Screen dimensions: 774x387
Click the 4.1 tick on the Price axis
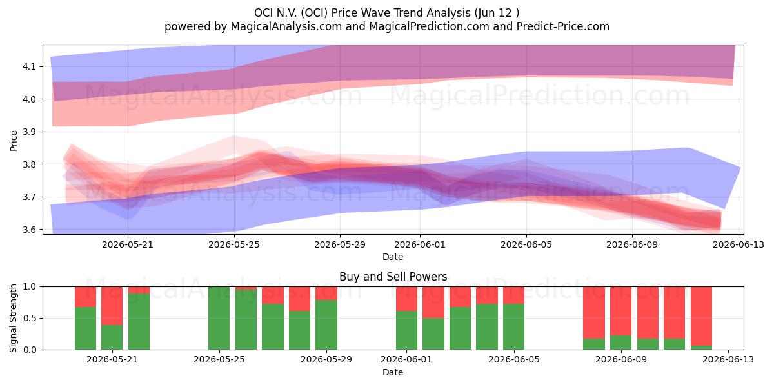pyautogui.click(x=29, y=66)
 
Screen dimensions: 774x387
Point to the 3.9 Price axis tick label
pyautogui.click(x=29, y=132)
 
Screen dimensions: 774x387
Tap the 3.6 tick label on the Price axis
pyautogui.click(x=29, y=230)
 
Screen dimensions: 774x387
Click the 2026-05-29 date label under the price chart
pyautogui.click(x=340, y=244)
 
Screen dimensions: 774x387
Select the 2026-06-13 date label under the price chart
pyautogui.click(x=739, y=244)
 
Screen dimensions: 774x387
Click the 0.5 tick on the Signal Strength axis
pyautogui.click(x=29, y=318)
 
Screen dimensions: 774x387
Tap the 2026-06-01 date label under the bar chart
pyautogui.click(x=406, y=360)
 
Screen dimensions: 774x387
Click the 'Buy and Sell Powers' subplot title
pyautogui.click(x=393, y=277)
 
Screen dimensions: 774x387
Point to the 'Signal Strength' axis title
pyautogui.click(x=13, y=318)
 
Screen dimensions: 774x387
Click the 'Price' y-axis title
pyautogui.click(x=14, y=141)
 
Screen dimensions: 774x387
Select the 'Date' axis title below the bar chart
pyautogui.click(x=393, y=372)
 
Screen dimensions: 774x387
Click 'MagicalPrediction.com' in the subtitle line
pyautogui.click(x=429, y=26)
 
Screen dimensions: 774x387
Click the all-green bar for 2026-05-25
pyautogui.click(x=219, y=318)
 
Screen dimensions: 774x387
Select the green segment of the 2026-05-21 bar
pyautogui.click(x=112, y=337)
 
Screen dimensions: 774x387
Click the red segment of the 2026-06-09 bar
pyautogui.click(x=621, y=311)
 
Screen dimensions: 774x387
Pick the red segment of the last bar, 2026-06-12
pyautogui.click(x=702, y=316)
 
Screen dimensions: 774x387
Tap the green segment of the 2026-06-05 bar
pyautogui.click(x=514, y=327)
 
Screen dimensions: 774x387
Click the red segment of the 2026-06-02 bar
pyautogui.click(x=433, y=303)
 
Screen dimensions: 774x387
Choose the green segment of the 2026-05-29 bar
pyautogui.click(x=326, y=325)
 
